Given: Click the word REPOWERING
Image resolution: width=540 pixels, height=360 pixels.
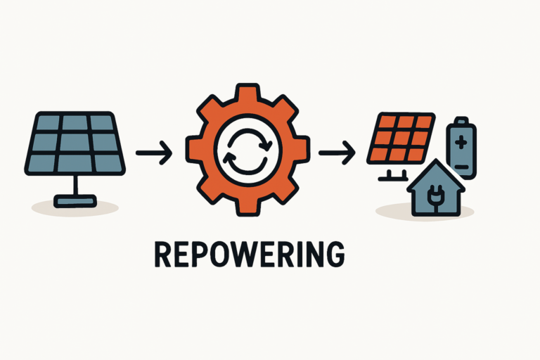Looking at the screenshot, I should tap(249, 255).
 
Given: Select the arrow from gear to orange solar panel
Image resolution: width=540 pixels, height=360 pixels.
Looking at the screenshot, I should tap(337, 151).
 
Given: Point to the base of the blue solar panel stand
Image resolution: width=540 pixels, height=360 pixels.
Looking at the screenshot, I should tap(75, 202).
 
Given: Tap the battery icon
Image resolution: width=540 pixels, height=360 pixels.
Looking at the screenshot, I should tap(461, 146).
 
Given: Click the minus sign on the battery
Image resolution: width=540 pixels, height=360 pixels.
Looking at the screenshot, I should tap(461, 166).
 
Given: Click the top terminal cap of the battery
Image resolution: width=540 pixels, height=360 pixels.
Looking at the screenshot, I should tap(461, 120).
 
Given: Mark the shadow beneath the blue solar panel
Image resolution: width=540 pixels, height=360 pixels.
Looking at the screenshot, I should tap(75, 207).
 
